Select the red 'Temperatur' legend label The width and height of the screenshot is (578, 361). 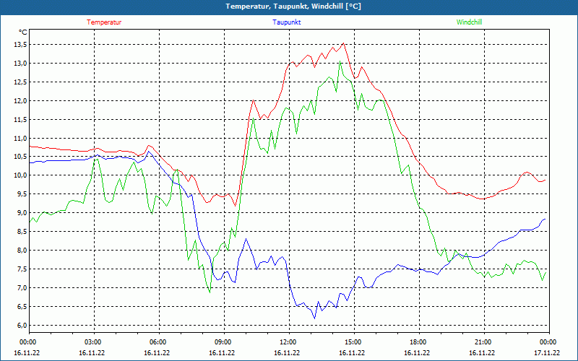coord(104,22)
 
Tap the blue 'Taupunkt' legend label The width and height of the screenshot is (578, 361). coord(287,22)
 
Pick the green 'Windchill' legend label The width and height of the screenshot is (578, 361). coord(469,22)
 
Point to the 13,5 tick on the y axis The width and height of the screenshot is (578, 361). coord(18,44)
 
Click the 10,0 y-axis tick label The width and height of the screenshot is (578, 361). coord(18,175)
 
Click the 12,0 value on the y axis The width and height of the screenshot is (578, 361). coord(18,100)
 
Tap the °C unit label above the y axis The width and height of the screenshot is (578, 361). coord(23,32)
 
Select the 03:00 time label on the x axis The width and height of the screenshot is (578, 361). coord(93,342)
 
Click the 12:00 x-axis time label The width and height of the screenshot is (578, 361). coord(288,342)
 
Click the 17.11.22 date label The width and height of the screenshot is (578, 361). coord(547,353)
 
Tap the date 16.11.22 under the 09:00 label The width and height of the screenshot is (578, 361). coord(222,353)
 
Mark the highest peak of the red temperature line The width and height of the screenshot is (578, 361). coord(344,43)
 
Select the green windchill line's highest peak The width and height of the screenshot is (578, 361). coord(340,61)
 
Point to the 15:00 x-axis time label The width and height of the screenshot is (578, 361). coord(353,342)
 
